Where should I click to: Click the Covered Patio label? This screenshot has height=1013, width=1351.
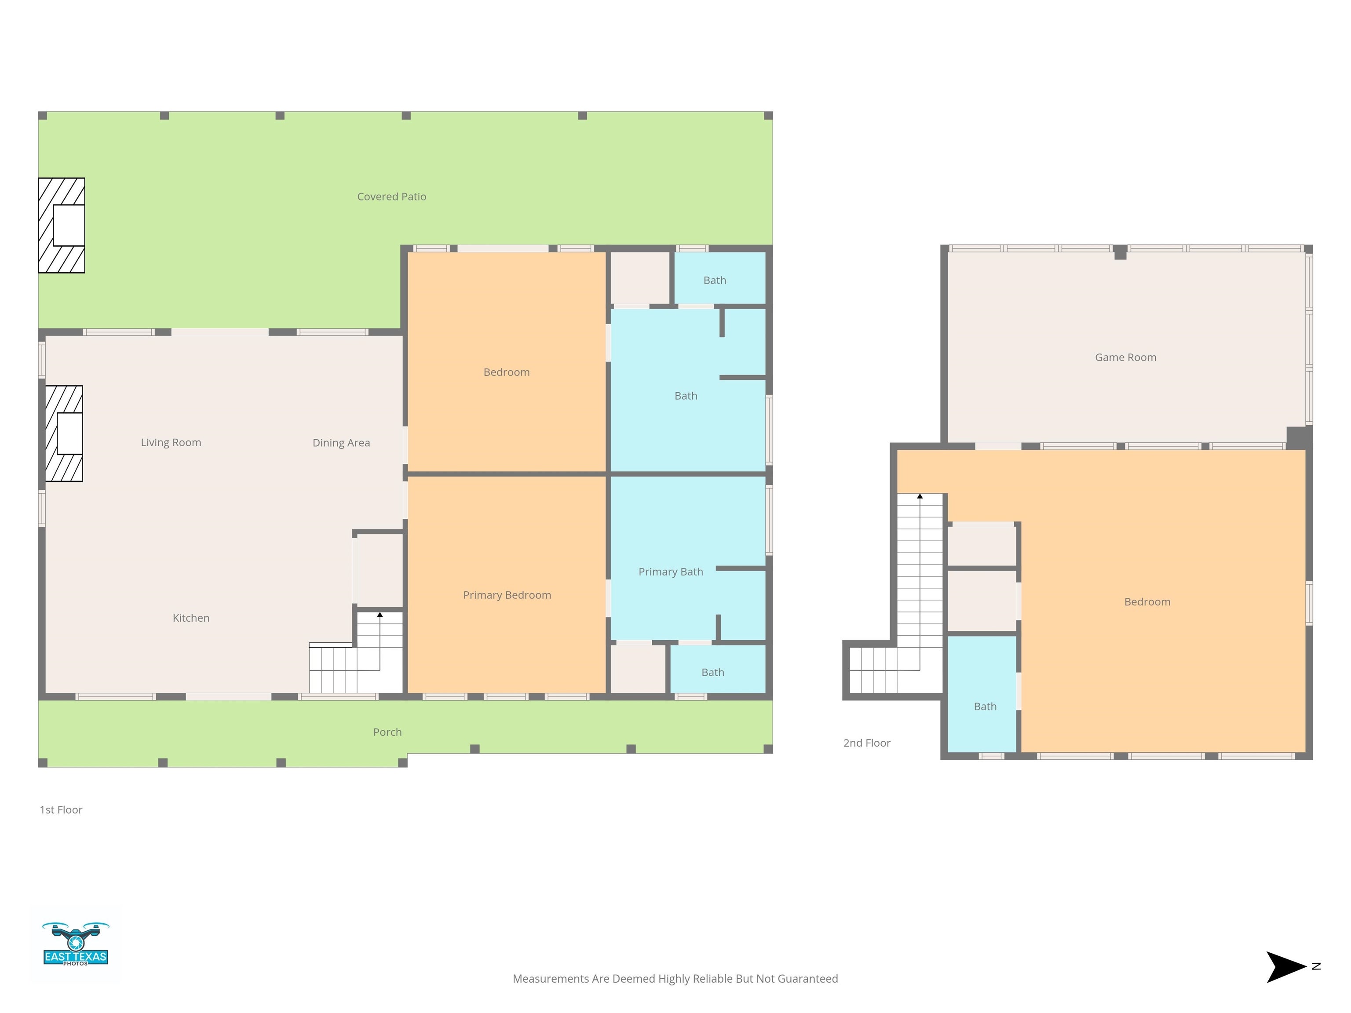coord(391,197)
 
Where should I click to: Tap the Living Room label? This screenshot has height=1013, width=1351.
coord(171,443)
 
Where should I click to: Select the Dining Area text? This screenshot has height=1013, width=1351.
coord(341,443)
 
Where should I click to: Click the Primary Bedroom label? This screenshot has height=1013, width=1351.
coord(507,595)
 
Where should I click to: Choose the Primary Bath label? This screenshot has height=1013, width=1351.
coord(671,572)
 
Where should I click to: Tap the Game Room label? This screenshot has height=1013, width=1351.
coord(1125,357)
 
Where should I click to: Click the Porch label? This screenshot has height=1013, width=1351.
coord(387,732)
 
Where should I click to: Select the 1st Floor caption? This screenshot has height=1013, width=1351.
coord(61,810)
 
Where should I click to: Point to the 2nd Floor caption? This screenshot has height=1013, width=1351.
coord(867,743)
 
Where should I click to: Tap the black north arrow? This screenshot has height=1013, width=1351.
coord(1285,966)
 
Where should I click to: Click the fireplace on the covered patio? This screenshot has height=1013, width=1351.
coord(62,225)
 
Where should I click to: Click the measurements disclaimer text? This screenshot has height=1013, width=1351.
coord(675,979)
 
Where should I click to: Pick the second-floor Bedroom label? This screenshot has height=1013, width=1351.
coord(1147,601)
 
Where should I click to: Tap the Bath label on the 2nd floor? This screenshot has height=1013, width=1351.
coord(985,707)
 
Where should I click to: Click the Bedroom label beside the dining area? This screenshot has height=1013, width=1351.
coord(506,372)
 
